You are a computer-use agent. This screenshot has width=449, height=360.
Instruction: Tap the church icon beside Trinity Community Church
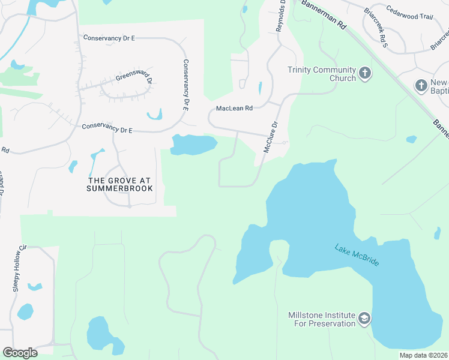(x=365, y=74)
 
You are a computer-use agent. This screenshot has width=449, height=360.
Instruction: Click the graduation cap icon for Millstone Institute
(x=364, y=319)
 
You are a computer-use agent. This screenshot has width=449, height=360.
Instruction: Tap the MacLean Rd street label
(x=235, y=109)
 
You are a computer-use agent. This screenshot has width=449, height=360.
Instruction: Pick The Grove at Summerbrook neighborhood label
(x=120, y=184)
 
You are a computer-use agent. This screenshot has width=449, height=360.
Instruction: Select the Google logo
(x=20, y=353)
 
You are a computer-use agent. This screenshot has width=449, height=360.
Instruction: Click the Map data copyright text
(x=423, y=355)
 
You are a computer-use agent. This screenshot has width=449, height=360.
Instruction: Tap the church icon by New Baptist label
(x=421, y=86)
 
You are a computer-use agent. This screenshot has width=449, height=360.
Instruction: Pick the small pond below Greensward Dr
(x=154, y=113)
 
